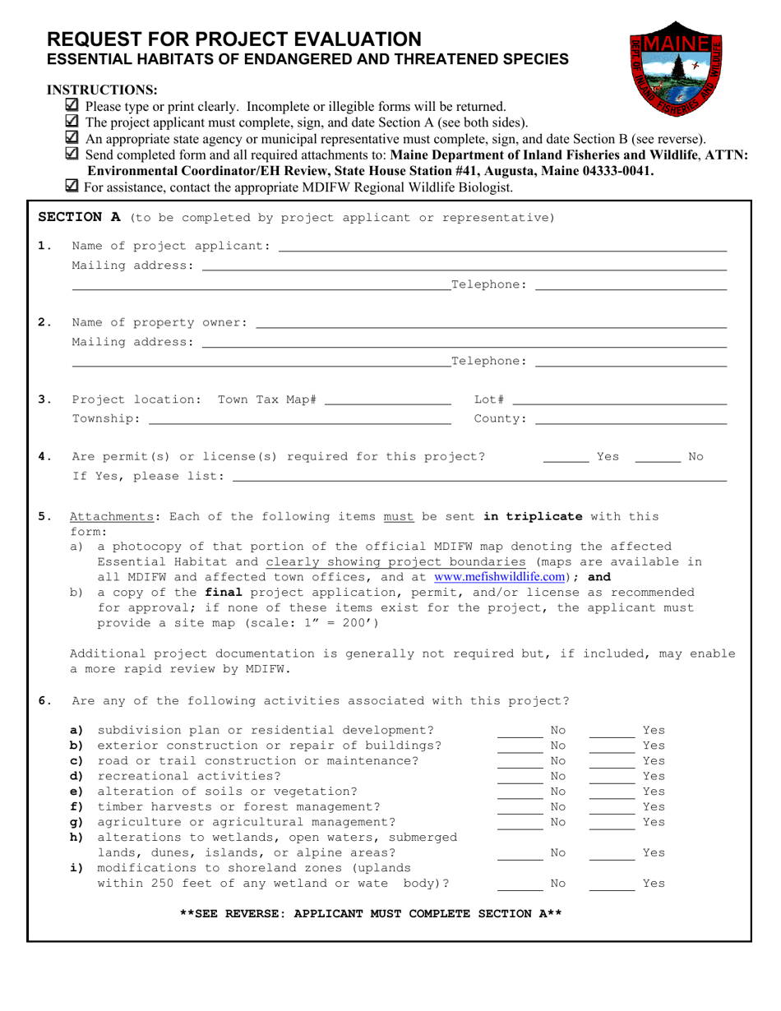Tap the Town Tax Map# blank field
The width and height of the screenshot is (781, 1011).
[x=388, y=399]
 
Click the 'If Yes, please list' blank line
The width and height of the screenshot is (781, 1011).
[x=479, y=475]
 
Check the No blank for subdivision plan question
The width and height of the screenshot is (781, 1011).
[x=520, y=729]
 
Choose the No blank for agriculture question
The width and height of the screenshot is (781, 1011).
[x=520, y=821]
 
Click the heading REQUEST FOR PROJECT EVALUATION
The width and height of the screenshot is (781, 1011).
[x=234, y=39]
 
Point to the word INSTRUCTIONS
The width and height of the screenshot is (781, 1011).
[x=102, y=90]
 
